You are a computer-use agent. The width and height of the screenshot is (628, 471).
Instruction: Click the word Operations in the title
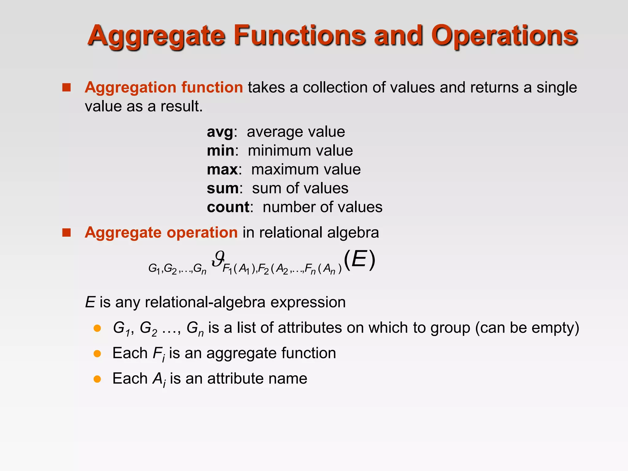coord(504,36)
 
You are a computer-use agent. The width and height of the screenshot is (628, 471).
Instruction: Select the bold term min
coord(220,151)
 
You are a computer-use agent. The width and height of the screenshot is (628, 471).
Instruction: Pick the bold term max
coord(222,170)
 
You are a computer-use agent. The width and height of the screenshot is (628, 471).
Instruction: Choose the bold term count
coord(228,207)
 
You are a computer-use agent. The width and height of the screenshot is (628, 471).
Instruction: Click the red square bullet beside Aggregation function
coord(66,88)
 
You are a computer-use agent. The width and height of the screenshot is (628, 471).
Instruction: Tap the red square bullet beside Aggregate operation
coord(66,233)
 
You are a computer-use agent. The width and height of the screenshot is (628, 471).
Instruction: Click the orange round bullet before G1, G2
coord(97,328)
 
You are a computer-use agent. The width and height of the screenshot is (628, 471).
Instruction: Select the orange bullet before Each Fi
coord(97,354)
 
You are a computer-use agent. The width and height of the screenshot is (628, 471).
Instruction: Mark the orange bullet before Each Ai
coord(97,379)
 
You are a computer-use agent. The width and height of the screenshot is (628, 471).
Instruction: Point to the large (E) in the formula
coord(359,260)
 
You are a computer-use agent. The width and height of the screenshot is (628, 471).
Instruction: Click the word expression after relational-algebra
coord(308,302)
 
